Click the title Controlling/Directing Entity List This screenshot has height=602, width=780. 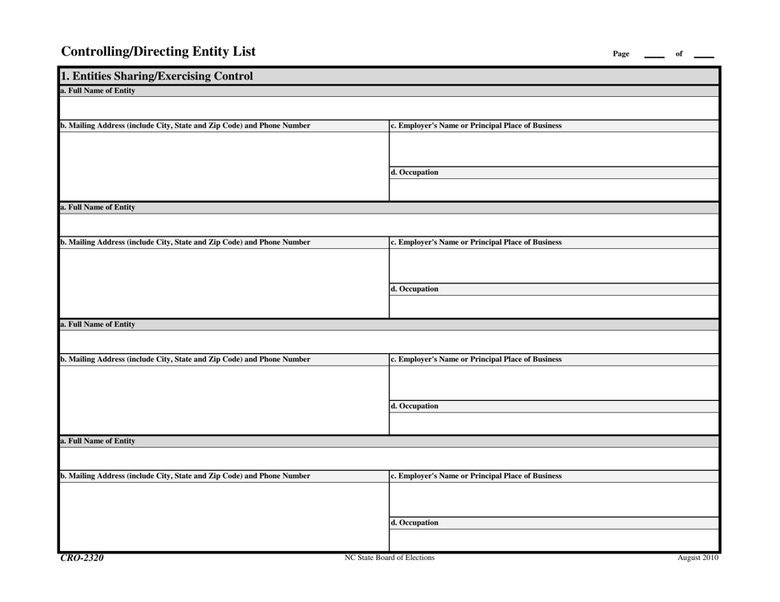[158, 52]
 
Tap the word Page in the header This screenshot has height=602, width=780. [621, 54]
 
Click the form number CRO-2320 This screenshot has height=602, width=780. [82, 558]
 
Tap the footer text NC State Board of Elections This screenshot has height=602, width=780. [390, 558]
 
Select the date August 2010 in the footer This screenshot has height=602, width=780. [698, 558]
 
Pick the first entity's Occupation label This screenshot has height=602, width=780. [415, 172]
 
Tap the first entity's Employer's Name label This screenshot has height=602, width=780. [476, 126]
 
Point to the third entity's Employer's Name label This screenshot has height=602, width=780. [476, 359]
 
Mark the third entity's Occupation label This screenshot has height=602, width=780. [415, 406]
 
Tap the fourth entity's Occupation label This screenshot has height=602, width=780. [415, 522]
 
